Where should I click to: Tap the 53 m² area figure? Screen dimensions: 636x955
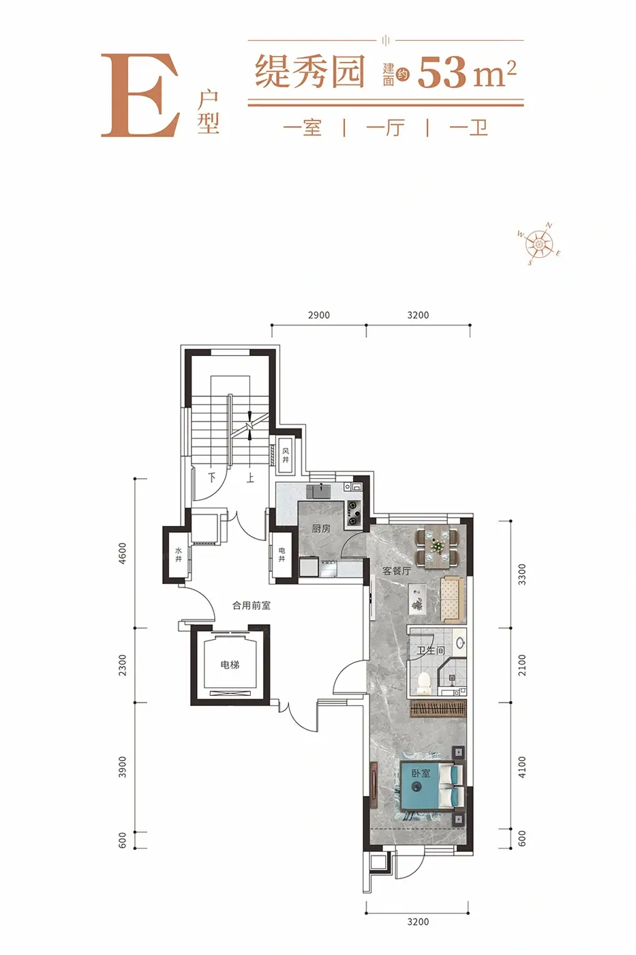pyautogui.click(x=467, y=74)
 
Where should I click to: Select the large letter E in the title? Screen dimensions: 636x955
pyautogui.click(x=140, y=95)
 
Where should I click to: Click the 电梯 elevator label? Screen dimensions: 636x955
pyautogui.click(x=230, y=664)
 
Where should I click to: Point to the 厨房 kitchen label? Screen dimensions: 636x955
pyautogui.click(x=321, y=529)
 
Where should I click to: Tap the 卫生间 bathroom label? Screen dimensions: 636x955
pyautogui.click(x=431, y=650)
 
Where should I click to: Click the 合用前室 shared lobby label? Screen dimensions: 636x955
pyautogui.click(x=252, y=606)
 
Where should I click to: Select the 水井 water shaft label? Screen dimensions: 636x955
pyautogui.click(x=179, y=555)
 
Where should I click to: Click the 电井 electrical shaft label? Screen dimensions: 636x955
pyautogui.click(x=282, y=555)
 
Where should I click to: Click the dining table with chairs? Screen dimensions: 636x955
pyautogui.click(x=437, y=547)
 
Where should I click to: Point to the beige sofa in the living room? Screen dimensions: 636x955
pyautogui.click(x=451, y=600)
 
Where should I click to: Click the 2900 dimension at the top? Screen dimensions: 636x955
pyautogui.click(x=318, y=315)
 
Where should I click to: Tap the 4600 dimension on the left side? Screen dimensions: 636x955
pyautogui.click(x=123, y=553)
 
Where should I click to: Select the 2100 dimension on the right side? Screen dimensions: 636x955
pyautogui.click(x=522, y=664)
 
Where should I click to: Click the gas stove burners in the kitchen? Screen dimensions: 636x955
pyautogui.click(x=353, y=513)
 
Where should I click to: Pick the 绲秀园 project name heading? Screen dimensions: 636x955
pyautogui.click(x=309, y=72)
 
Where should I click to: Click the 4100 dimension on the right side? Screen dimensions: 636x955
pyautogui.click(x=522, y=767)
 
